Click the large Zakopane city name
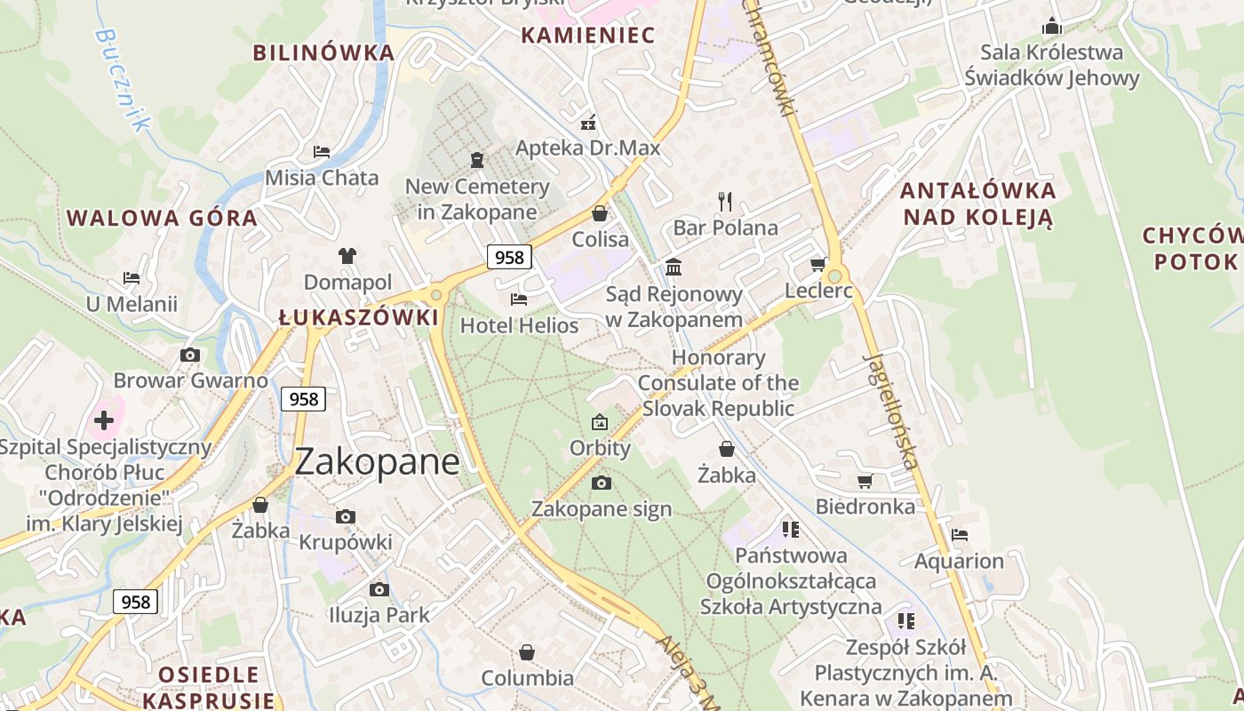(x=377, y=461)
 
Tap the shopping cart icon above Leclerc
(x=817, y=264)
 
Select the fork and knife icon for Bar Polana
(x=725, y=202)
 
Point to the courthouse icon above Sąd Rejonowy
(x=674, y=268)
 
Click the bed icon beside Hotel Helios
(x=519, y=300)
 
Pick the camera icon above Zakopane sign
(x=601, y=483)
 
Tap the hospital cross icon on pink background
(x=104, y=419)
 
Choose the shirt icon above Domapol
(x=347, y=256)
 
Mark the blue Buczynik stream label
(x=119, y=79)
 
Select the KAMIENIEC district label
(x=587, y=36)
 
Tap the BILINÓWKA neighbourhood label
(x=323, y=52)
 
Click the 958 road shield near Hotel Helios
(x=509, y=257)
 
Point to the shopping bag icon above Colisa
(x=600, y=213)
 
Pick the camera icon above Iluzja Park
(x=379, y=589)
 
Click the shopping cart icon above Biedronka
(x=865, y=481)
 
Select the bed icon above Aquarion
(x=959, y=535)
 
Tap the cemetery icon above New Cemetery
(x=477, y=160)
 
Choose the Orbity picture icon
(x=600, y=422)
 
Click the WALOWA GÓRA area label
(x=162, y=218)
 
